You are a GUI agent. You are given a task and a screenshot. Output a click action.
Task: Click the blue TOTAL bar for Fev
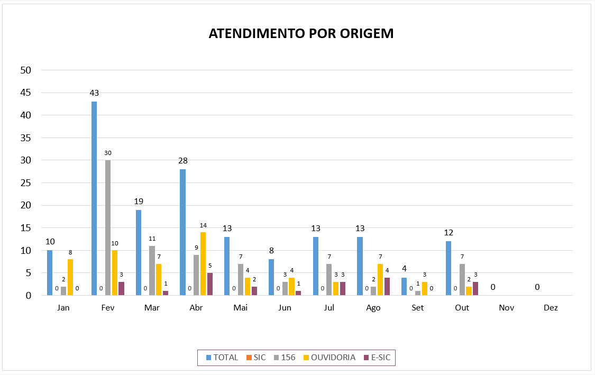[x=94, y=198]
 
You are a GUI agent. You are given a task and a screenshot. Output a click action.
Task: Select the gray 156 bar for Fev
[x=108, y=227]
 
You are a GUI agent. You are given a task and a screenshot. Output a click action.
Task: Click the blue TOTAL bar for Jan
[x=50, y=272]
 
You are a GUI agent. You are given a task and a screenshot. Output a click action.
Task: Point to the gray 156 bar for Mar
[x=152, y=270]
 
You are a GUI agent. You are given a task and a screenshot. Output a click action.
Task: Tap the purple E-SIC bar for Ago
[x=387, y=286]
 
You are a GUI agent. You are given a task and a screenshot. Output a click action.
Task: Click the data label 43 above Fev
[x=94, y=93]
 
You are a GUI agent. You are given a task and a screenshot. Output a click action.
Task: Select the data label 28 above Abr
[x=183, y=161]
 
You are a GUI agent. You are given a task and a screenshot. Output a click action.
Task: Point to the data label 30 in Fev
[x=108, y=153]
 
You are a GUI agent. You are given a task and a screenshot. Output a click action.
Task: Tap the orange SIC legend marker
[x=249, y=358]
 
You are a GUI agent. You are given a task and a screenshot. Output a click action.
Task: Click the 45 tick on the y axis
[x=25, y=93]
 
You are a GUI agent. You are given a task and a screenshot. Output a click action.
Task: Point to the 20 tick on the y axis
[x=25, y=205]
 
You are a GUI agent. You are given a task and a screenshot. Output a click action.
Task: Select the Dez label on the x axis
[x=551, y=307]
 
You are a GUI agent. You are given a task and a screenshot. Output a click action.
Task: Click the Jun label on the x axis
[x=285, y=307]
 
